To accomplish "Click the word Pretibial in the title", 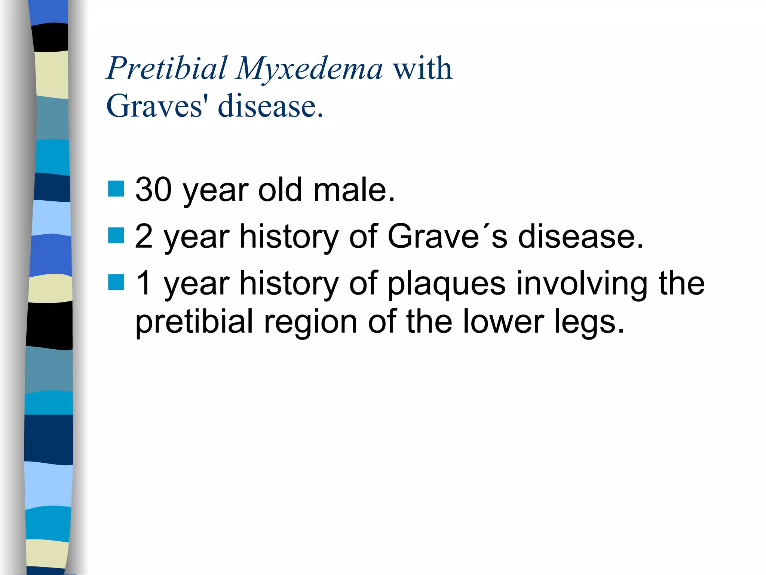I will point(167,68).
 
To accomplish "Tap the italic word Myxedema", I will point(309,69).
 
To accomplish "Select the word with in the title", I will point(422,68).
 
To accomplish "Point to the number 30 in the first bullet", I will point(154,190).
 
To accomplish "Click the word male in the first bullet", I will point(353,190).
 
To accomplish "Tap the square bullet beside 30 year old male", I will point(116,189).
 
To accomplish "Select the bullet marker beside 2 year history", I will point(116,235).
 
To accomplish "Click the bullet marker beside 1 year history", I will point(116,282).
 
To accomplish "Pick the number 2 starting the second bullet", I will point(144,236).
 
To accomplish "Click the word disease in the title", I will point(270,106).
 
